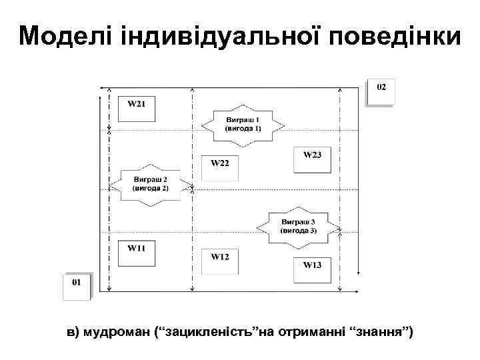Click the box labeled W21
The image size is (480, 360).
tap(137, 109)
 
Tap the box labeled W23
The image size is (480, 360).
tap(312, 160)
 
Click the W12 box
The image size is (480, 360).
tap(220, 262)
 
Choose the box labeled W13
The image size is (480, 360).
tap(312, 269)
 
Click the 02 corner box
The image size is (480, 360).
tap(381, 92)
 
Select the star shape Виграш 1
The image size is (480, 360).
tap(243, 123)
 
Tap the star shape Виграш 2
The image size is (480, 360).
tap(151, 184)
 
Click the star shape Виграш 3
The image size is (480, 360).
tap(299, 225)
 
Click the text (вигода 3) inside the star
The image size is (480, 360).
tap(299, 230)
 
